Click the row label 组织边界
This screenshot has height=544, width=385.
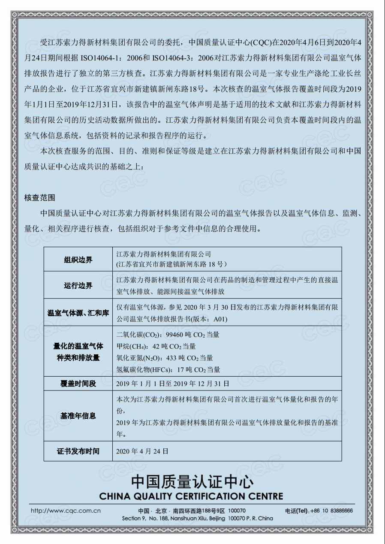click(78, 260)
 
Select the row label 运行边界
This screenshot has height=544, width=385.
click(78, 285)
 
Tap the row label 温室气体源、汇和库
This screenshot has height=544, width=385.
click(78, 313)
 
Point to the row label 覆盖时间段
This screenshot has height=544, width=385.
click(78, 384)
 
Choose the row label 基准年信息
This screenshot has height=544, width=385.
click(78, 416)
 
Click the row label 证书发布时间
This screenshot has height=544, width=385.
click(78, 451)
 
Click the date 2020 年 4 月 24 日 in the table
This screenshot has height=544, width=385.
click(142, 451)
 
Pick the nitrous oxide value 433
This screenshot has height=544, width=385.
click(171, 358)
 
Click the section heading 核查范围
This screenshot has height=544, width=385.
click(40, 198)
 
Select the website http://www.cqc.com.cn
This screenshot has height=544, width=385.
click(66, 511)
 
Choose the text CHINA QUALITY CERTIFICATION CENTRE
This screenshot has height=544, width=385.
click(191, 496)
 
